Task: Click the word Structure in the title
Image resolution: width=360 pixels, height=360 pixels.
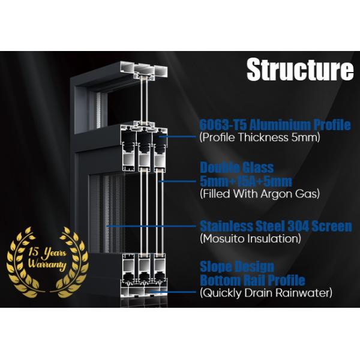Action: tap(300, 70)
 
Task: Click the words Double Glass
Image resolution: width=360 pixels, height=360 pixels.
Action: tap(236, 168)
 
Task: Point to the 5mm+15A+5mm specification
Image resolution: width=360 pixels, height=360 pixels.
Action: tap(246, 181)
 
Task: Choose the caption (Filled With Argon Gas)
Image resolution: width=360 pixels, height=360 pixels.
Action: tap(259, 193)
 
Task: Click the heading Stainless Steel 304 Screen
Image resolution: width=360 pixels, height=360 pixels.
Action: tap(275, 227)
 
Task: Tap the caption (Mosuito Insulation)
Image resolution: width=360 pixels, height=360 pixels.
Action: tap(250, 239)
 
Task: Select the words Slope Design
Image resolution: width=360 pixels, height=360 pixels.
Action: tap(236, 267)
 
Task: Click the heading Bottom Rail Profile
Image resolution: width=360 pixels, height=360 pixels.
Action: tap(252, 280)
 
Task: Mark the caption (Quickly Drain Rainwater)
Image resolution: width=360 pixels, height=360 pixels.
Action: tap(265, 293)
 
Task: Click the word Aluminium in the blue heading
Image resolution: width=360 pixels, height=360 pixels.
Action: tap(281, 125)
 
